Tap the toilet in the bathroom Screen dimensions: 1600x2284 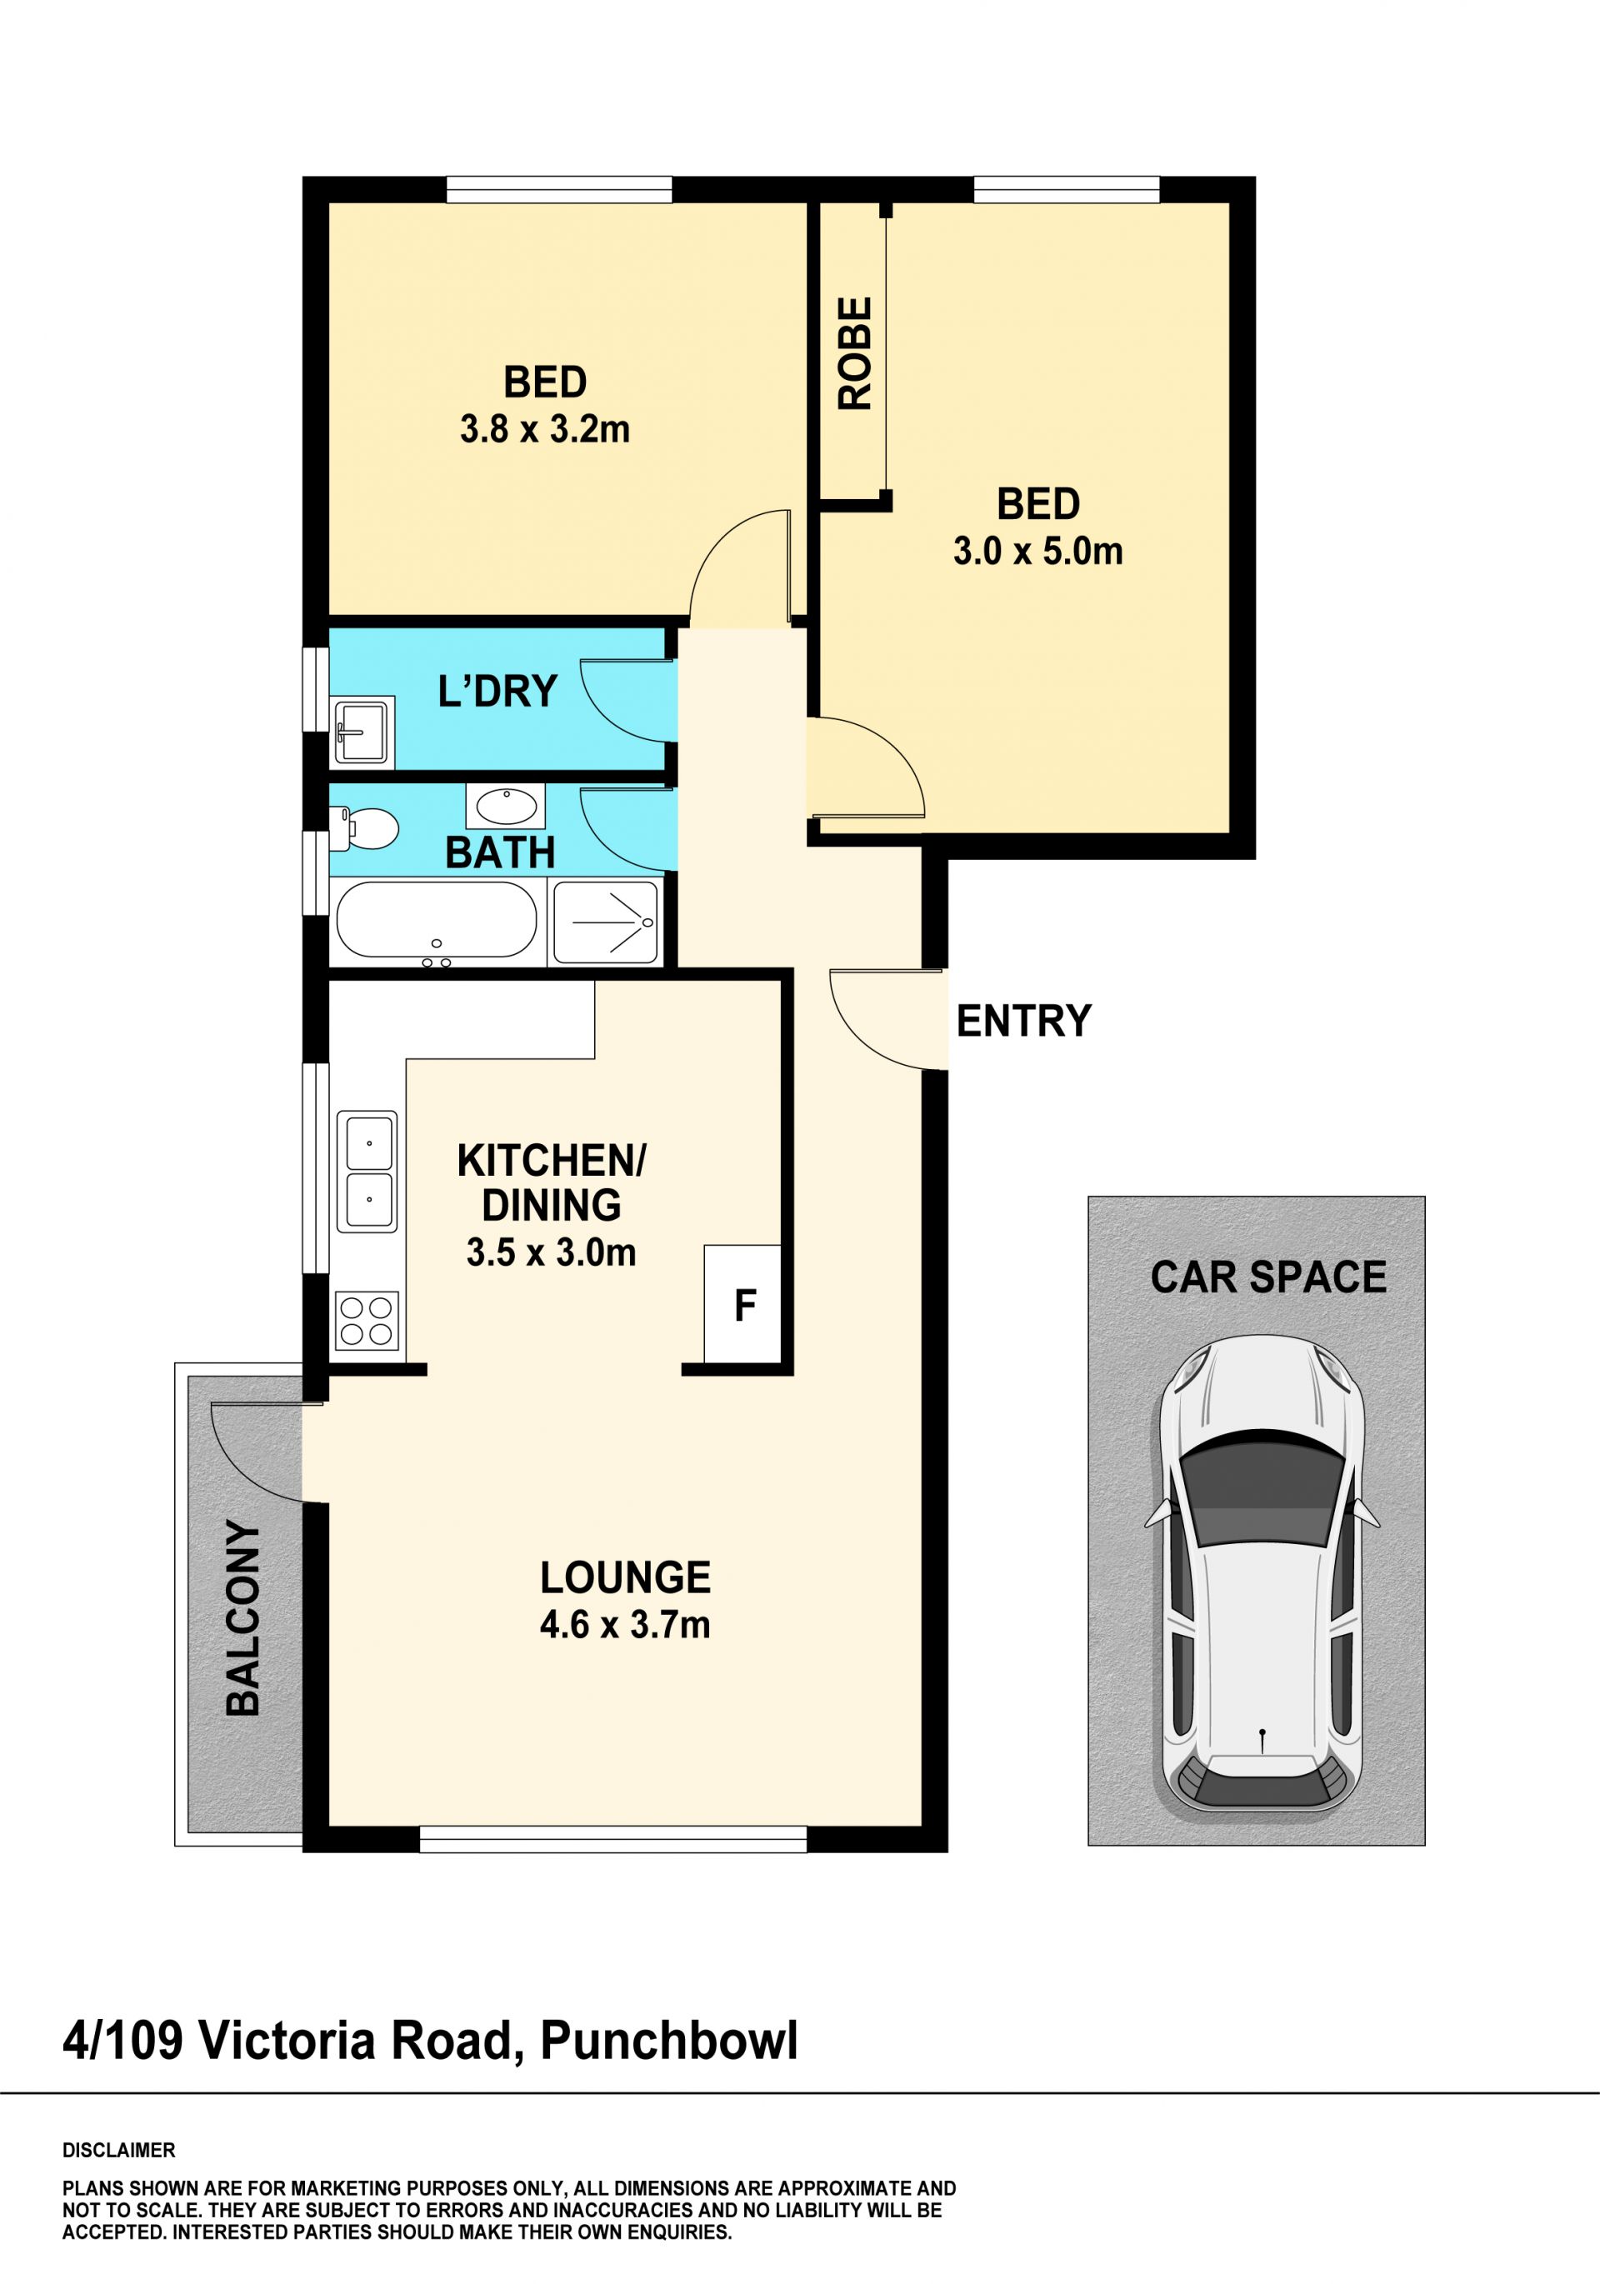[366, 828]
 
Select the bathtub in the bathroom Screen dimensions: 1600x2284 [437, 920]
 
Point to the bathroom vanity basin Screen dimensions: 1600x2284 [506, 806]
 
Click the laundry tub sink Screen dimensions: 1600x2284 [363, 730]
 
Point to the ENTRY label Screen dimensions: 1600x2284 [1024, 1022]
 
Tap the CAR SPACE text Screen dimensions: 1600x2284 [1268, 1277]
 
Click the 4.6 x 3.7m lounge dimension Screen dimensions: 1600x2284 [625, 1625]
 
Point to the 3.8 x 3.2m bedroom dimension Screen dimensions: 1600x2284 [544, 429]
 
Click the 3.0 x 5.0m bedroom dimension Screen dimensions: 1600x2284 [1037, 550]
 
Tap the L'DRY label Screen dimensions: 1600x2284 [497, 691]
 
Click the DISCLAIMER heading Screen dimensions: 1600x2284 [119, 2150]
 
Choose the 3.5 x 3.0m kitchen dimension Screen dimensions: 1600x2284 [551, 1252]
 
